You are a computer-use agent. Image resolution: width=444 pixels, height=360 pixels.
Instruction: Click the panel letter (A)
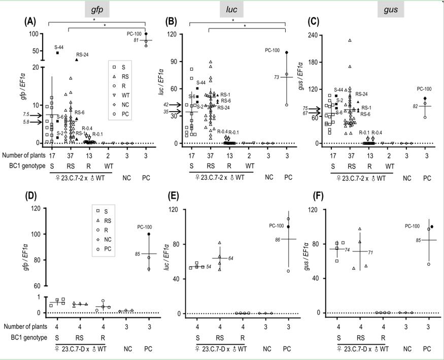30,22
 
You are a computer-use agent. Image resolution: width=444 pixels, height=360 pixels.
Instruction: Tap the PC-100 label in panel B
272,50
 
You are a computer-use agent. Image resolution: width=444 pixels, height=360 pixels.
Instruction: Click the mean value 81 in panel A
136,40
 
